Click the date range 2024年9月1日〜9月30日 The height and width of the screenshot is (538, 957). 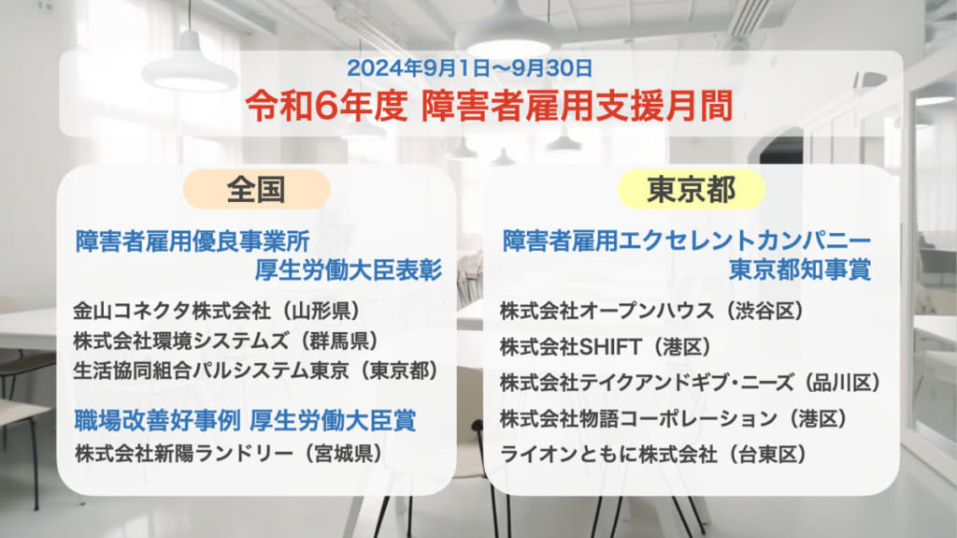click(x=469, y=68)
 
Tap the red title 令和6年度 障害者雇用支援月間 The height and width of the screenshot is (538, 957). click(x=489, y=106)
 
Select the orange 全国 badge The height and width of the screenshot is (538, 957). click(x=256, y=190)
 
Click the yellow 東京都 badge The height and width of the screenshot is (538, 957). click(x=691, y=190)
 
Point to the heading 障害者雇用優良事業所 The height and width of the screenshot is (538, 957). click(x=193, y=240)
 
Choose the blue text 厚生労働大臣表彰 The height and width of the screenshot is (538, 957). click(x=348, y=269)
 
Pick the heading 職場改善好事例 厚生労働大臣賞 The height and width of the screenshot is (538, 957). click(x=246, y=420)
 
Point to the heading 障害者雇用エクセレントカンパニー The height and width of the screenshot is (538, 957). click(x=687, y=240)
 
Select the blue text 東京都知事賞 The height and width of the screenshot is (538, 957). click(x=800, y=269)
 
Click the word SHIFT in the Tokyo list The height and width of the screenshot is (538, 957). click(x=609, y=347)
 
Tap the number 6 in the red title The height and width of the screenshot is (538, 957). click(x=328, y=107)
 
